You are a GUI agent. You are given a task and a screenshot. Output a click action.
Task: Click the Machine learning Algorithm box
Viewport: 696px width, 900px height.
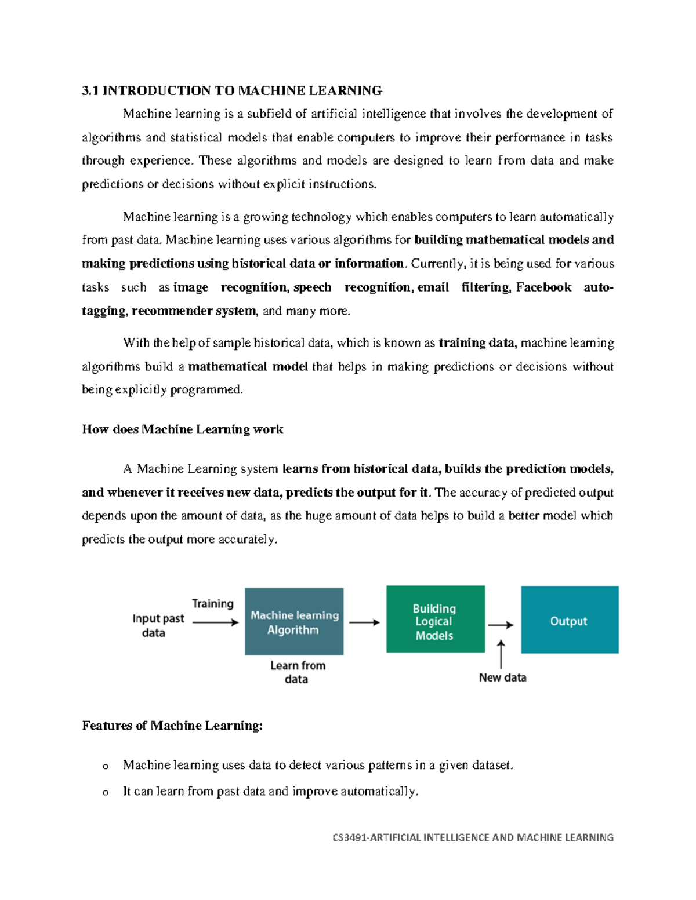[294, 622]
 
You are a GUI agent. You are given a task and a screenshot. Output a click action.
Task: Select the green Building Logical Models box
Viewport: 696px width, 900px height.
[436, 619]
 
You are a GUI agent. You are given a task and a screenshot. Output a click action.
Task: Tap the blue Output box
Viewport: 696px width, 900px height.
[570, 620]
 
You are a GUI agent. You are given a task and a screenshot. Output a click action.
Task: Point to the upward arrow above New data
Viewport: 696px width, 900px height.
[501, 654]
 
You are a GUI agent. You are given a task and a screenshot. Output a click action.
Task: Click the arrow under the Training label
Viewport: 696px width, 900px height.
[215, 622]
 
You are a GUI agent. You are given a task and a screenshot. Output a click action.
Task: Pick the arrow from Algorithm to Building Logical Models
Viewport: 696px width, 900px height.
[364, 622]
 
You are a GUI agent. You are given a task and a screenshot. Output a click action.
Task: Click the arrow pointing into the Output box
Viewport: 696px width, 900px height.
[501, 625]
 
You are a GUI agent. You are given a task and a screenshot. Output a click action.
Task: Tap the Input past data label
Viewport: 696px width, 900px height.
[158, 625]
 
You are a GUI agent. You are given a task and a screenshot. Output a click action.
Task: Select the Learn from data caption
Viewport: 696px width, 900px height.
[297, 672]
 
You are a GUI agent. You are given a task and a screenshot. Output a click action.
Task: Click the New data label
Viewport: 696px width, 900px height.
[502, 677]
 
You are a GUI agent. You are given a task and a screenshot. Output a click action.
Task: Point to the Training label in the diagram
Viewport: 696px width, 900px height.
[213, 604]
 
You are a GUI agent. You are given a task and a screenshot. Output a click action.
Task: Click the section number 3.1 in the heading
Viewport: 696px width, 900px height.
[90, 90]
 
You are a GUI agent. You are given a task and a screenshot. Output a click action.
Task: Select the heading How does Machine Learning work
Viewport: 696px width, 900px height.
[183, 429]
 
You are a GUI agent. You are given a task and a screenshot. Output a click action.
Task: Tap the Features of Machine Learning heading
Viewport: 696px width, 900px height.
[172, 726]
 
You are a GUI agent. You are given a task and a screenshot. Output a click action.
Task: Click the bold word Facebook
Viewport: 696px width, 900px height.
[543, 287]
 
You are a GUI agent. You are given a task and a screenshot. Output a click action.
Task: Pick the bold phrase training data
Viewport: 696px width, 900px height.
[476, 342]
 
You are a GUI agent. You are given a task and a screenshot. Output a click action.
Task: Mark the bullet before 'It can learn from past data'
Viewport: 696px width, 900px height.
[106, 792]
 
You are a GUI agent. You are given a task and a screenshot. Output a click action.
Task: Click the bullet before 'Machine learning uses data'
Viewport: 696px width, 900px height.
[106, 766]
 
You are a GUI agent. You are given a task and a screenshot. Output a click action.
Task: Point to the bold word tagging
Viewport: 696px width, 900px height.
[104, 311]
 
